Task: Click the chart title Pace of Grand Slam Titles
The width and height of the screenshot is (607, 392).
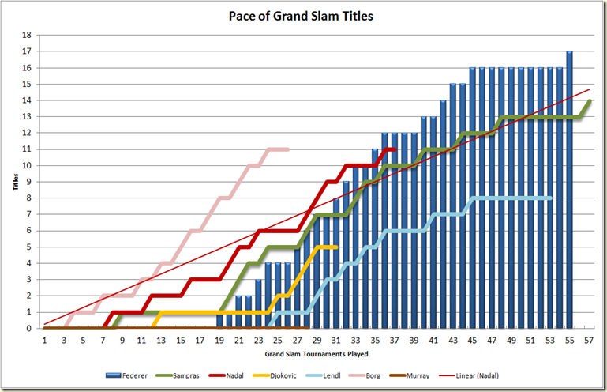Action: [301, 16]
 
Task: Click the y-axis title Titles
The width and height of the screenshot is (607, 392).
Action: [16, 181]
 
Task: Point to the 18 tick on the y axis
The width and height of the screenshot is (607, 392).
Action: [27, 36]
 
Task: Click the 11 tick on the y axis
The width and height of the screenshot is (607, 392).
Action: [27, 149]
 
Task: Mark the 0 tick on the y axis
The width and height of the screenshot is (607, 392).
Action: [28, 328]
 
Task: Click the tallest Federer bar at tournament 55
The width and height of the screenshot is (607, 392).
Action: [569, 190]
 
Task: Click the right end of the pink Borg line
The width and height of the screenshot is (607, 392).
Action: [288, 149]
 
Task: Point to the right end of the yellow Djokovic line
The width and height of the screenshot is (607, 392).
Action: [336, 247]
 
